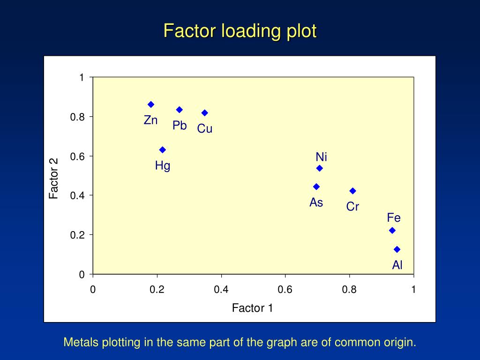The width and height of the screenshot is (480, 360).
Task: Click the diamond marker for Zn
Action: [x=151, y=105]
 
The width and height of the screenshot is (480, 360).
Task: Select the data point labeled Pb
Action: [x=179, y=110]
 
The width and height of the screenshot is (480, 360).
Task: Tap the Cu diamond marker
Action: [x=205, y=113]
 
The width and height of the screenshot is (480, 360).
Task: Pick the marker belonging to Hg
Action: [x=163, y=150]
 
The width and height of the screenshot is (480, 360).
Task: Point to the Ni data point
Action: [x=320, y=168]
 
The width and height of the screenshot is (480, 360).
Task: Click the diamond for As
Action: [x=316, y=187]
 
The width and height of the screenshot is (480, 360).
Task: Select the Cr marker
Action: [x=353, y=191]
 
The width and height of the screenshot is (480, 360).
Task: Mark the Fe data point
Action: [x=392, y=230]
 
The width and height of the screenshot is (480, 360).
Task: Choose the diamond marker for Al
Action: [x=397, y=249]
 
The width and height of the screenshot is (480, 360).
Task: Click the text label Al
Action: [x=397, y=265]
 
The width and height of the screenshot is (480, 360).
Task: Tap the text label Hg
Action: [x=163, y=166]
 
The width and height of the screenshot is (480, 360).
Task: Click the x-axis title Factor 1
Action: [x=252, y=308]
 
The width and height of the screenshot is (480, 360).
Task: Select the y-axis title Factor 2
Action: [x=54, y=178]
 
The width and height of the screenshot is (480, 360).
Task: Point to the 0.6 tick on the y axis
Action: [x=77, y=156]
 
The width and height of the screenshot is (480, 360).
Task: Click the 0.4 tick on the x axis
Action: [x=221, y=290]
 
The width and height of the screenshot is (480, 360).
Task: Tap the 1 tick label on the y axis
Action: [x=82, y=77]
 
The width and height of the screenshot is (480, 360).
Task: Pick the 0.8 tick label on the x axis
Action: [x=349, y=290]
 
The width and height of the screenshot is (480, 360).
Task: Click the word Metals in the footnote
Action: [x=78, y=342]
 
